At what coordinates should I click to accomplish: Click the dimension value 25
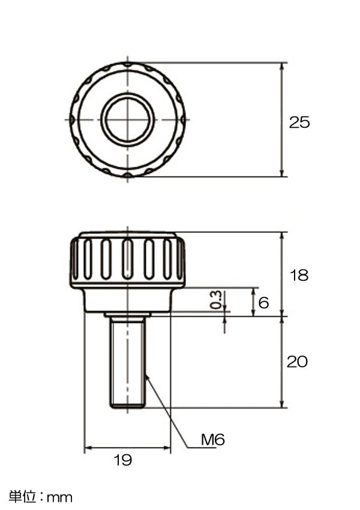[299, 122]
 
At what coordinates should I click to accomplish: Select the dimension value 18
[299, 275]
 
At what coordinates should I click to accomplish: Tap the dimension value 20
[297, 362]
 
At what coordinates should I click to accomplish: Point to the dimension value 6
[263, 302]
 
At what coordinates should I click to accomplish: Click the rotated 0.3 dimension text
[216, 299]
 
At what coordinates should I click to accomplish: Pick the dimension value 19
[122, 460]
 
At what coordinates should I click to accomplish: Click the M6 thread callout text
[213, 439]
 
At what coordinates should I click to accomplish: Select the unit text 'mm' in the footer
[59, 497]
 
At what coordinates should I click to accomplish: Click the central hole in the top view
[127, 119]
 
